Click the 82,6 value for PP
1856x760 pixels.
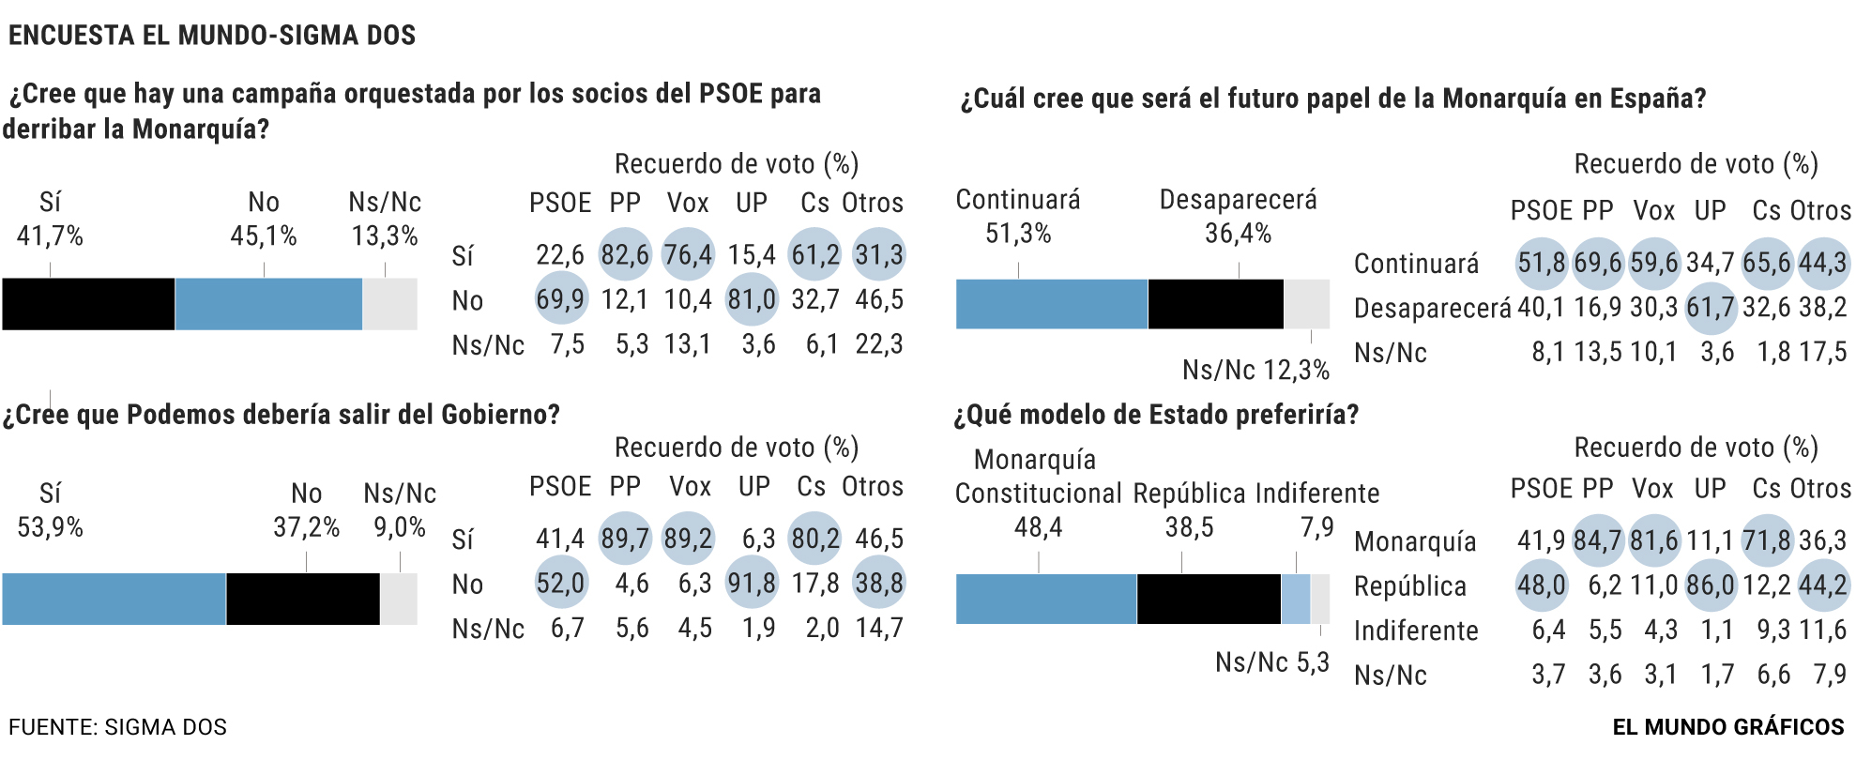coord(625,255)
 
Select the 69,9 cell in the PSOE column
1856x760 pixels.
coord(560,299)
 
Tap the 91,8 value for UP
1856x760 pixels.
coord(752,584)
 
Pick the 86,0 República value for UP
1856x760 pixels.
coord(1710,586)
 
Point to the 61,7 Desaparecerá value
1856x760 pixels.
coord(1710,308)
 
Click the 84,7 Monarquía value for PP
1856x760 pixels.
coord(1598,541)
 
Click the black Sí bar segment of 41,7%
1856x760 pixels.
coord(88,304)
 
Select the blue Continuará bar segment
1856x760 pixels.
coord(1051,304)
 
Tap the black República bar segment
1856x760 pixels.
coord(1209,599)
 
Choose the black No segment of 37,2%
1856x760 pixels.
coord(302,599)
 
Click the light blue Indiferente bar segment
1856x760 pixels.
coord(1295,599)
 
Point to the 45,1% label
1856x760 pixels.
coord(264,236)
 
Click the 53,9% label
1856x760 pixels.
coord(51,527)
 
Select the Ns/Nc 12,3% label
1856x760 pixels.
coord(1255,371)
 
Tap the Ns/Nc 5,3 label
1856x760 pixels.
coord(1271,663)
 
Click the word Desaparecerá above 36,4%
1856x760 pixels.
coord(1238,200)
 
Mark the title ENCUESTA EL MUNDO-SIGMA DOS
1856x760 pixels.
coord(212,36)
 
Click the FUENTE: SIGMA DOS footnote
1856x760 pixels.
coord(118,727)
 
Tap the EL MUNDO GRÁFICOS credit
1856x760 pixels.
coord(1728,727)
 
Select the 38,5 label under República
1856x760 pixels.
coord(1189,528)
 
